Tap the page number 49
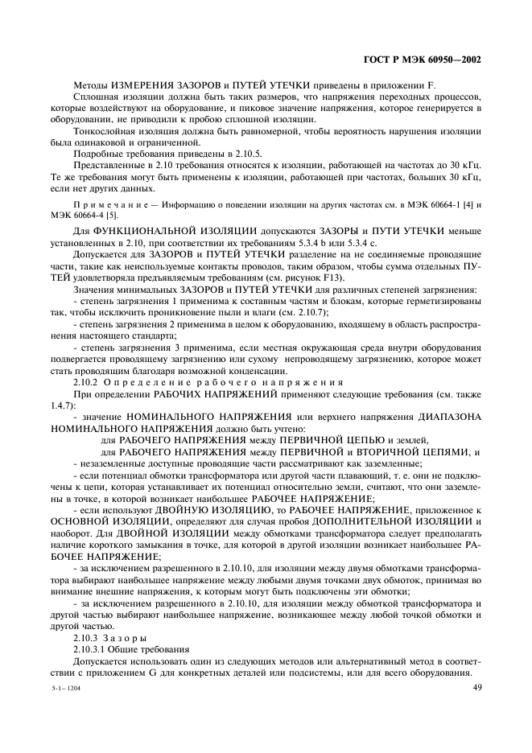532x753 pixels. tap(477, 686)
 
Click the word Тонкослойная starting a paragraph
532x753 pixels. tap(102, 131)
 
